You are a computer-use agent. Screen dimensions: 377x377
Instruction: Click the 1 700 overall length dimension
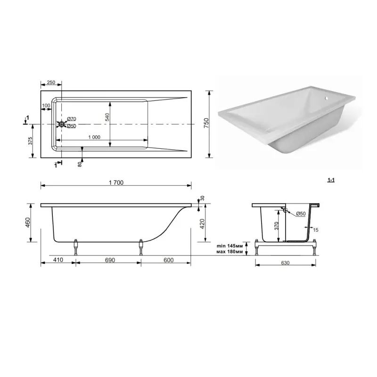(116, 182)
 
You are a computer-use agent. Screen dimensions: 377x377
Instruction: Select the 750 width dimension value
(206, 123)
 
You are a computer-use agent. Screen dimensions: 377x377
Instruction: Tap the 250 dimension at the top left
(51, 82)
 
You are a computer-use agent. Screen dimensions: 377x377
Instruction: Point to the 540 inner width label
(107, 117)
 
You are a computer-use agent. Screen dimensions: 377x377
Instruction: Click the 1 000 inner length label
(94, 137)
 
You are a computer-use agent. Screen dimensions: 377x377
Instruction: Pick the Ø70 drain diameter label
(72, 119)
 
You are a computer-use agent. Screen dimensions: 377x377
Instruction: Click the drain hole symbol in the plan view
(62, 124)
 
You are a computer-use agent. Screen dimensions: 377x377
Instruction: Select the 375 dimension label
(30, 141)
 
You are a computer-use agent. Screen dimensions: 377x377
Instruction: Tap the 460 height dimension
(28, 222)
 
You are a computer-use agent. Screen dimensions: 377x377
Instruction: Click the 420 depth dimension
(202, 224)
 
